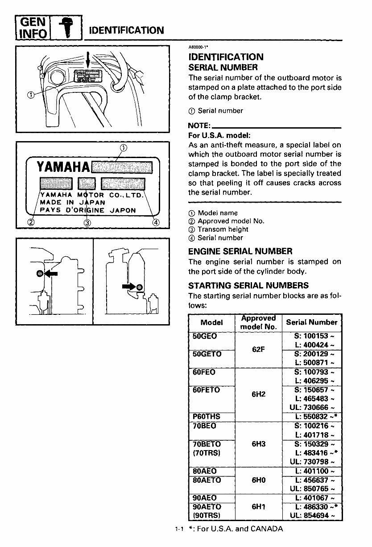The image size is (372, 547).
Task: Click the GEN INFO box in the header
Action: point(33,27)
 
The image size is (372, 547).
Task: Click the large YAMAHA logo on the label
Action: point(63,167)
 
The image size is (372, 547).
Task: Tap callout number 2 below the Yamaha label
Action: point(30,222)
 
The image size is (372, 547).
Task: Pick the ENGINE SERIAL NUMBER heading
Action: point(240,251)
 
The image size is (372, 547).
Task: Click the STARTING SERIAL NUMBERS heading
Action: point(248,285)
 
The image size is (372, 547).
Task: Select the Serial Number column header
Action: point(312,322)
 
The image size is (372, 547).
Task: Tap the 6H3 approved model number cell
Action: point(258,444)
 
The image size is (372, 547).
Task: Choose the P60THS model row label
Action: point(206,417)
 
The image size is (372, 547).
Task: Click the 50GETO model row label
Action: point(207,354)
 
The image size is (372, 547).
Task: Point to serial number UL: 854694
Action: point(312,516)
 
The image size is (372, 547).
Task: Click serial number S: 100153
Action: point(314,336)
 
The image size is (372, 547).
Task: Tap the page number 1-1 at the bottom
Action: point(179,530)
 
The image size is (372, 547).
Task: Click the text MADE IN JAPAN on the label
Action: point(73,202)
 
